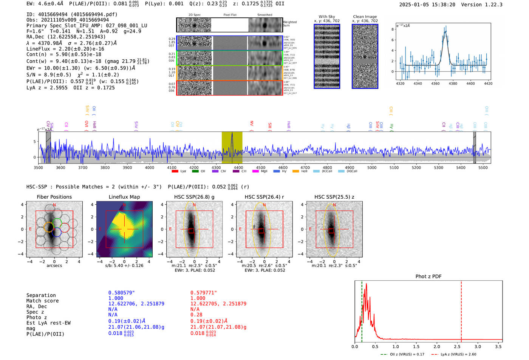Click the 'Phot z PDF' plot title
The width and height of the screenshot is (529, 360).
point(428,276)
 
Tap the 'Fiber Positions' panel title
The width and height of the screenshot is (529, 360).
point(54,197)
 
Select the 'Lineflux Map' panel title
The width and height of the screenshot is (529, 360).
point(124,197)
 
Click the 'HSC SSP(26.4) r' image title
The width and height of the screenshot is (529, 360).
point(264,197)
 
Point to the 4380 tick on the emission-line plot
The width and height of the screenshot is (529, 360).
point(453,83)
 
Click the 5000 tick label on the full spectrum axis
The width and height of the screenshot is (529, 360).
point(372,167)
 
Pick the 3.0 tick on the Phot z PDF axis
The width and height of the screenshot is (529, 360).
point(478,346)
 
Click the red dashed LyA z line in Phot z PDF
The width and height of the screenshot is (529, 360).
point(461,310)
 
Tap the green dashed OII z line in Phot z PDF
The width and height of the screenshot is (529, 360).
point(362,310)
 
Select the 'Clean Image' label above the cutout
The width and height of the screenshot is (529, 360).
point(365,17)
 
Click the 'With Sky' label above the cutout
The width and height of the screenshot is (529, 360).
point(326,17)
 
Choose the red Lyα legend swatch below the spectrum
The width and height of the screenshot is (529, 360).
point(175,171)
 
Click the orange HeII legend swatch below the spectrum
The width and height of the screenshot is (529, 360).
point(295,171)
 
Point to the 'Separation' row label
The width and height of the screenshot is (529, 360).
point(41,295)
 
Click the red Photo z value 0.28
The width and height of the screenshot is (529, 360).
point(196,314)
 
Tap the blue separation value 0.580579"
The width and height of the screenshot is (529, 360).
point(121,293)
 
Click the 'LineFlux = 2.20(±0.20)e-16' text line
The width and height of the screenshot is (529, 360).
point(65,49)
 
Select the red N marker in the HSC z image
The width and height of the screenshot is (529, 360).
point(334,205)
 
